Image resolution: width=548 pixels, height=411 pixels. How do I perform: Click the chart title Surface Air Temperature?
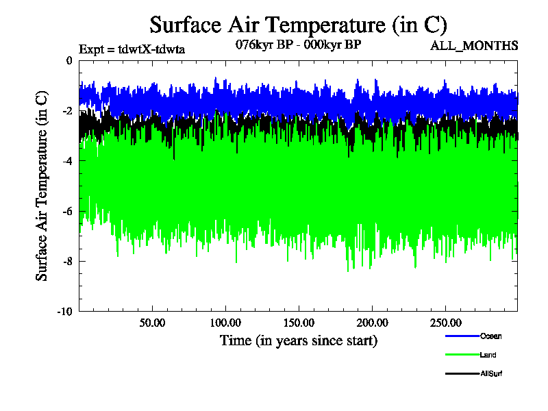point(298,25)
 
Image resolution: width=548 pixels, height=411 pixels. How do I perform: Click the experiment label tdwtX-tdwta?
point(132,49)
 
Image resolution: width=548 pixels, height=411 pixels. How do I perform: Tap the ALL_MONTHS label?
point(473,46)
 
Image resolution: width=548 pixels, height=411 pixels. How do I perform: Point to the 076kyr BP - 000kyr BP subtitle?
point(298,45)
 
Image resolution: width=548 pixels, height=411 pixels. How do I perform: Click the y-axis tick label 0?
point(68,61)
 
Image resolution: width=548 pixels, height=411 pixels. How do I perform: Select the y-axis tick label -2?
point(66,111)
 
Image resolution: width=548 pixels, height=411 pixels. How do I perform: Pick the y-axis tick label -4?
point(66,161)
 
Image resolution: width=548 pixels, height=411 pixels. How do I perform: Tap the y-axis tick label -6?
point(66,211)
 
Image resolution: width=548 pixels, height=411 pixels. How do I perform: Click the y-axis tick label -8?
point(66,261)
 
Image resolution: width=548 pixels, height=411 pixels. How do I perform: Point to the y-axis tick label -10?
point(64,312)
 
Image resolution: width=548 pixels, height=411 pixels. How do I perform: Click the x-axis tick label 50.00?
point(152,323)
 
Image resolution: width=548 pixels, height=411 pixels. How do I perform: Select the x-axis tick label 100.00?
point(225,323)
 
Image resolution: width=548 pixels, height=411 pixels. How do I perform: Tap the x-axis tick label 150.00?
point(298,323)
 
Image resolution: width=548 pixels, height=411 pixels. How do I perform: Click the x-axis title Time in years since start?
point(298,340)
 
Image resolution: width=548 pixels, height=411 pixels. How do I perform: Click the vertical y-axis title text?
point(42,185)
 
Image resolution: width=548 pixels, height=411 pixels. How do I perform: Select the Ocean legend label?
point(490,336)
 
